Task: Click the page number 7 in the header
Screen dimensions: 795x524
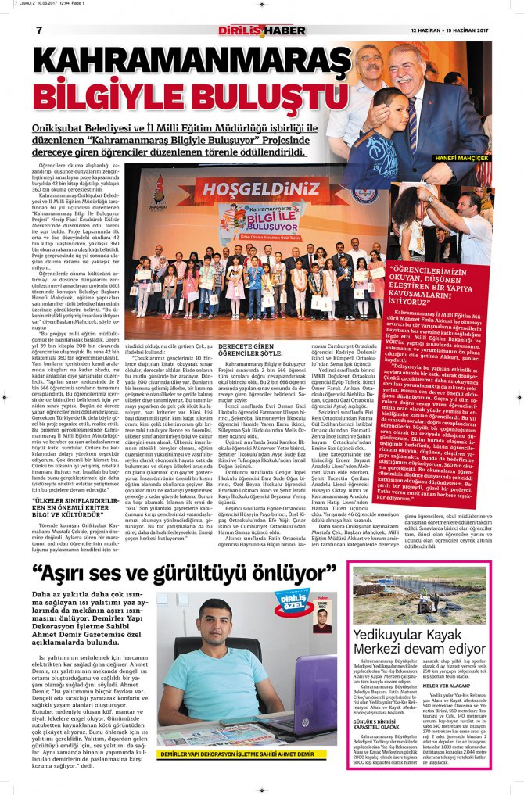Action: (39, 30)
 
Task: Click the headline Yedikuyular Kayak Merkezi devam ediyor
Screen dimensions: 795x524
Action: (418, 641)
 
